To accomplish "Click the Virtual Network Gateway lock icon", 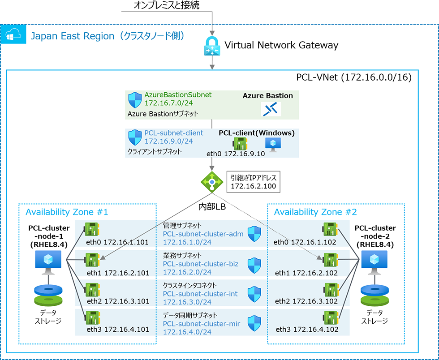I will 211,46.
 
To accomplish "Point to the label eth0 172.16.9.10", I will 236,154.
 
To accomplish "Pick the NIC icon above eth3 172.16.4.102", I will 330,318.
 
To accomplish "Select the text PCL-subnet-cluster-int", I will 200,294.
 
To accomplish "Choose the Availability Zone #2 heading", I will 315,212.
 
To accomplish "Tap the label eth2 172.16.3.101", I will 117,301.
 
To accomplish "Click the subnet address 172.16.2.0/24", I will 187,272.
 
